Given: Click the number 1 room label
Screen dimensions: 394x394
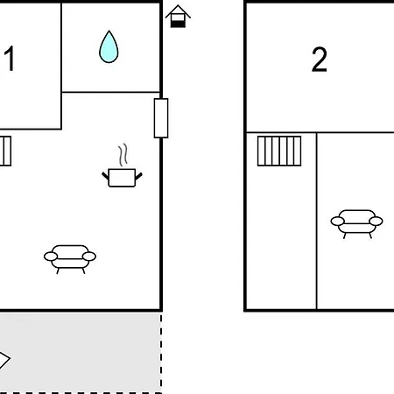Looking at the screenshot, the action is pyautogui.click(x=10, y=59).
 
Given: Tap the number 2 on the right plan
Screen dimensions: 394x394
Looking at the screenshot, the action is pyautogui.click(x=320, y=60).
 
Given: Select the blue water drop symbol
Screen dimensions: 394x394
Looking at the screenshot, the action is pyautogui.click(x=109, y=46).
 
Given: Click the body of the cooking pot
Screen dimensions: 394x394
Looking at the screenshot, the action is pyautogui.click(x=122, y=178).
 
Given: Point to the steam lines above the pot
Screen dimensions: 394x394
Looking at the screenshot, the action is pyautogui.click(x=123, y=155).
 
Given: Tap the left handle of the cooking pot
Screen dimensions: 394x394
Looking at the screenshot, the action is pyautogui.click(x=105, y=176).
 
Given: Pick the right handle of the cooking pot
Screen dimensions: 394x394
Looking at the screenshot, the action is pyautogui.click(x=138, y=176).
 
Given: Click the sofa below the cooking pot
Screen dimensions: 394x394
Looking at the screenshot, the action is pyautogui.click(x=70, y=259).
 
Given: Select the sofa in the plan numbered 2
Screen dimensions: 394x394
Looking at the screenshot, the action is pyautogui.click(x=356, y=224).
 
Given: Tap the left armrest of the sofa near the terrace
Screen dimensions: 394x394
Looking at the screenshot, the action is pyautogui.click(x=51, y=257).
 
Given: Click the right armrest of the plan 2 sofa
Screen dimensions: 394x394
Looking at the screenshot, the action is pyautogui.click(x=376, y=222).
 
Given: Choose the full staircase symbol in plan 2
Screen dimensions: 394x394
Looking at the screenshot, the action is pyautogui.click(x=279, y=151).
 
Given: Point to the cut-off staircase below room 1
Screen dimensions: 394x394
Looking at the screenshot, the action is pyautogui.click(x=5, y=151).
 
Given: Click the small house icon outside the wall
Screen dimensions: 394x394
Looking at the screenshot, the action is pyautogui.click(x=178, y=16).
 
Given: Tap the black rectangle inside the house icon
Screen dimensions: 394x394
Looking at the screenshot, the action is pyautogui.click(x=178, y=25).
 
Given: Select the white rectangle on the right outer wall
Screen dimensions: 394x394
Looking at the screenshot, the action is pyautogui.click(x=161, y=118).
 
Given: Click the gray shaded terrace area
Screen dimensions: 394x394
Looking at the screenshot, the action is pyautogui.click(x=81, y=353).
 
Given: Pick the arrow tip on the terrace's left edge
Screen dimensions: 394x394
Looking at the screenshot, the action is pyautogui.click(x=11, y=358).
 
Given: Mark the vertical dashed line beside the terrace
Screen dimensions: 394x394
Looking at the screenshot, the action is pyautogui.click(x=161, y=353).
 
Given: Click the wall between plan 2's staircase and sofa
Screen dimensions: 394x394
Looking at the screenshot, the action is pyautogui.click(x=317, y=222).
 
